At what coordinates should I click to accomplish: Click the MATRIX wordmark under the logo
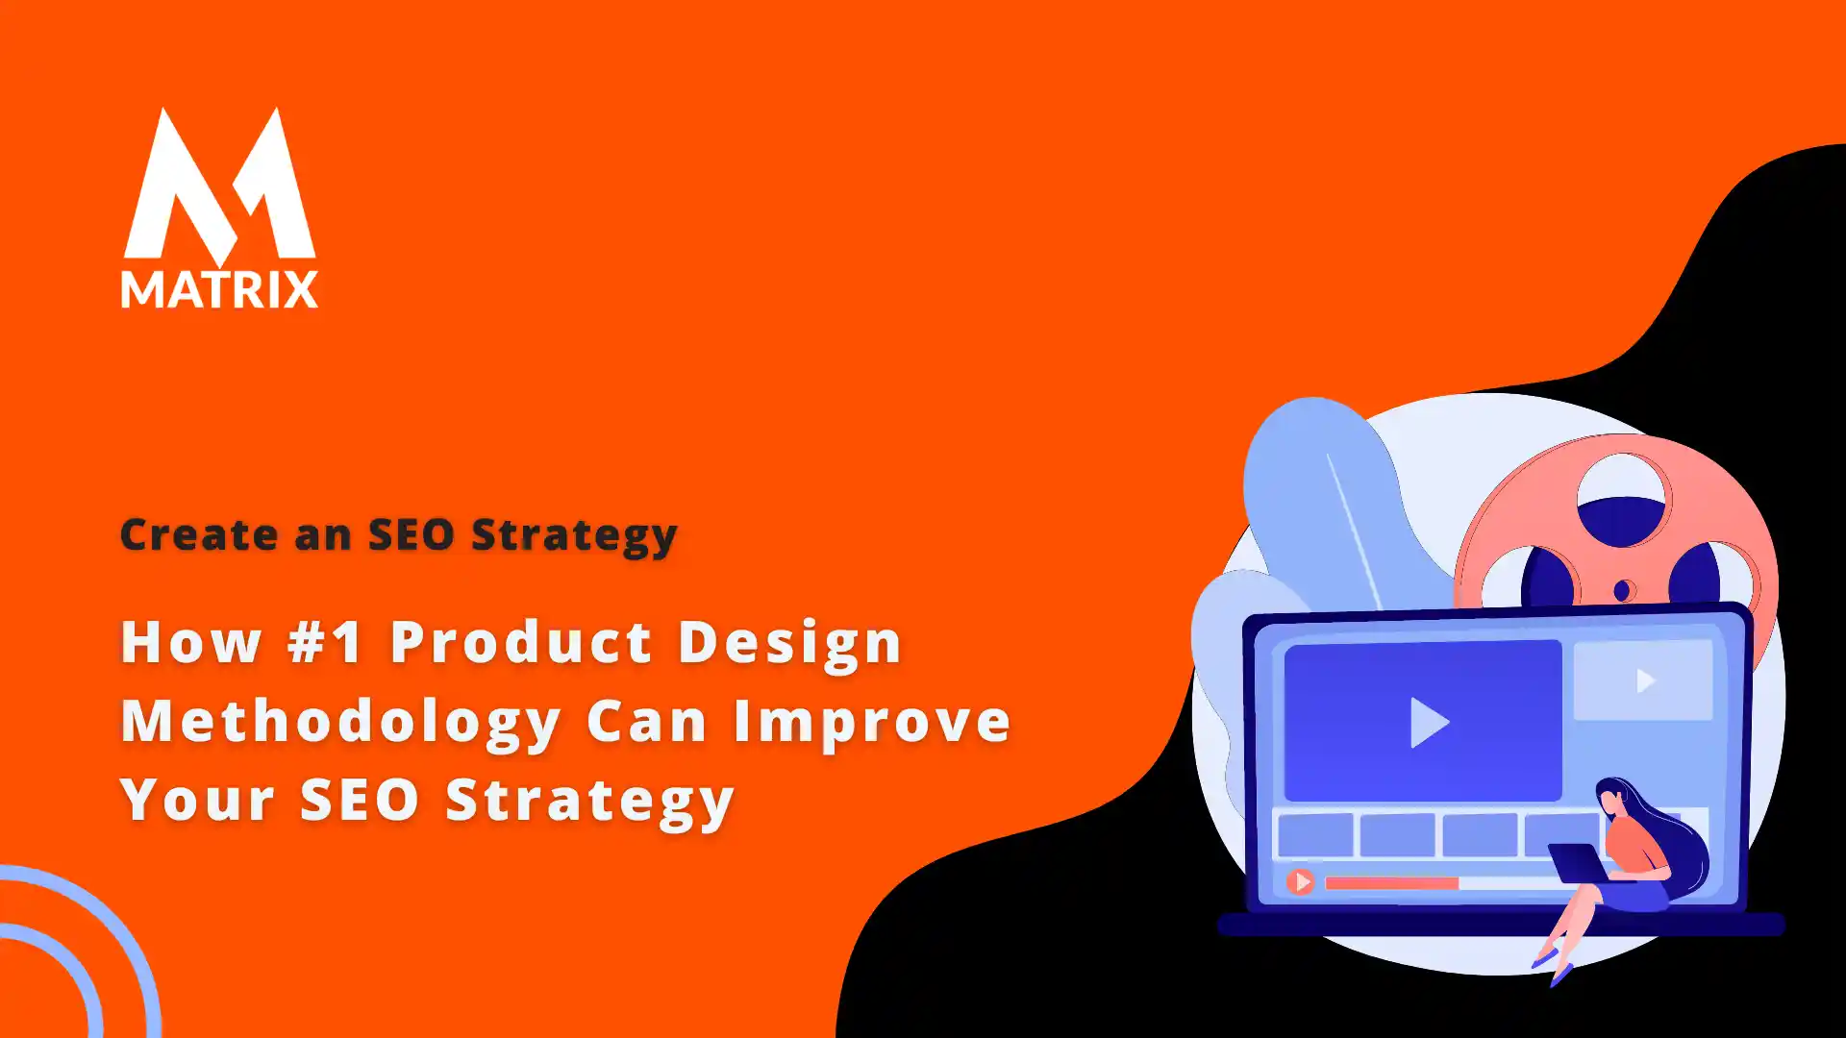[x=219, y=289]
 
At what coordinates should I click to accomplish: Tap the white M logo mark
[x=219, y=187]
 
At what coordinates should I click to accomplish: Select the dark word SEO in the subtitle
[x=412, y=534]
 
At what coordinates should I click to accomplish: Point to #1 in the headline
[x=325, y=642]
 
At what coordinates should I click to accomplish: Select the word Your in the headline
[x=198, y=800]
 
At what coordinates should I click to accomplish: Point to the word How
[x=191, y=642]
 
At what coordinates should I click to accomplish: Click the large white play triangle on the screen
[x=1428, y=722]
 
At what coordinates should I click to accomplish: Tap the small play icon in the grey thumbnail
[x=1644, y=680]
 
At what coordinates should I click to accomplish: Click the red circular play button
[x=1300, y=881]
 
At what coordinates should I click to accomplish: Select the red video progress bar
[x=1391, y=882]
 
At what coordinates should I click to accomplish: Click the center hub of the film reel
[x=1623, y=590]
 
